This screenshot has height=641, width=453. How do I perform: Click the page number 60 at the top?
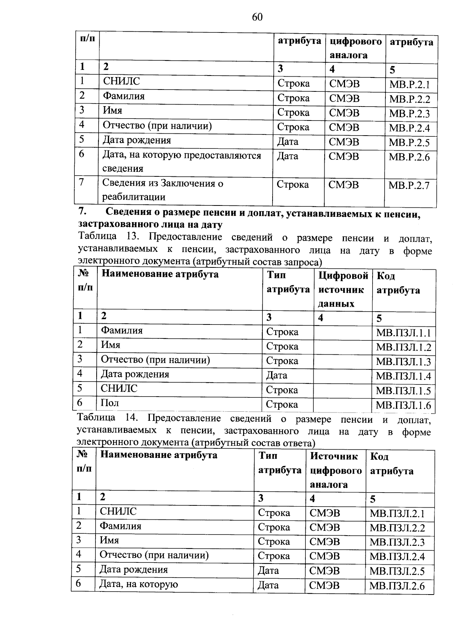(x=257, y=17)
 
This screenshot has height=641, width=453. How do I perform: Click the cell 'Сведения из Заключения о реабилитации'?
(x=163, y=190)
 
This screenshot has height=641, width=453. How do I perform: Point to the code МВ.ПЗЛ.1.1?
(x=403, y=333)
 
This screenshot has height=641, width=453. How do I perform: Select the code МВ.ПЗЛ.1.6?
(x=403, y=406)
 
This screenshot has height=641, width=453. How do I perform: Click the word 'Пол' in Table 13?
(x=110, y=403)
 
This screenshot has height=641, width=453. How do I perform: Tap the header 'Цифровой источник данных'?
(x=343, y=290)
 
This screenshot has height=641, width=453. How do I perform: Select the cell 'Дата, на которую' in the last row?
(x=139, y=584)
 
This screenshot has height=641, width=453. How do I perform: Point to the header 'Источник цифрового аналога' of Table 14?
(x=335, y=470)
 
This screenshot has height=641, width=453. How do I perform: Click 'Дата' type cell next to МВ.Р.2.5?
(x=288, y=142)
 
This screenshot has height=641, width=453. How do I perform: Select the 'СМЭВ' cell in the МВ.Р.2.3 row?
(x=344, y=113)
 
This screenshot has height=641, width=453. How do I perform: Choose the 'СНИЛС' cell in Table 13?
(x=119, y=388)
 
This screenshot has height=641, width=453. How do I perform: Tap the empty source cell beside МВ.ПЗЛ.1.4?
(x=342, y=375)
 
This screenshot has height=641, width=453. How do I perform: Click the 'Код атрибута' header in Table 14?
(x=391, y=464)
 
